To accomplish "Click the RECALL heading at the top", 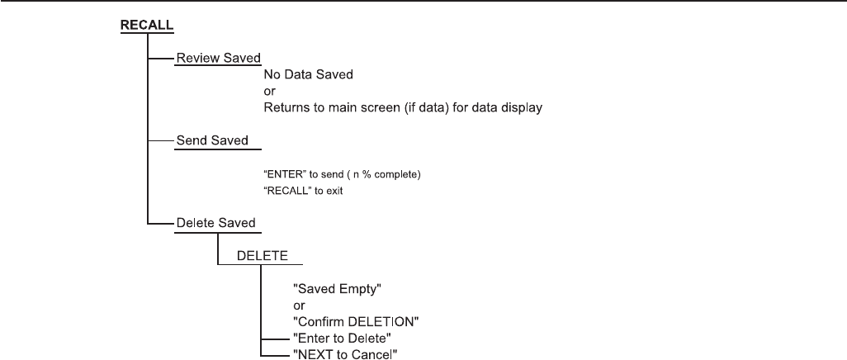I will click(x=148, y=25).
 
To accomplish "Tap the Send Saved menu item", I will click(x=212, y=140).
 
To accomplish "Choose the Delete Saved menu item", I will click(x=216, y=222).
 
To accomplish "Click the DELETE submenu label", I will click(x=263, y=256).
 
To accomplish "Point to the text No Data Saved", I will click(x=309, y=74).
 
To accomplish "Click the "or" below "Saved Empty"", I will click(x=300, y=306).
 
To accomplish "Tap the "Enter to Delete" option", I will click(x=338, y=338).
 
